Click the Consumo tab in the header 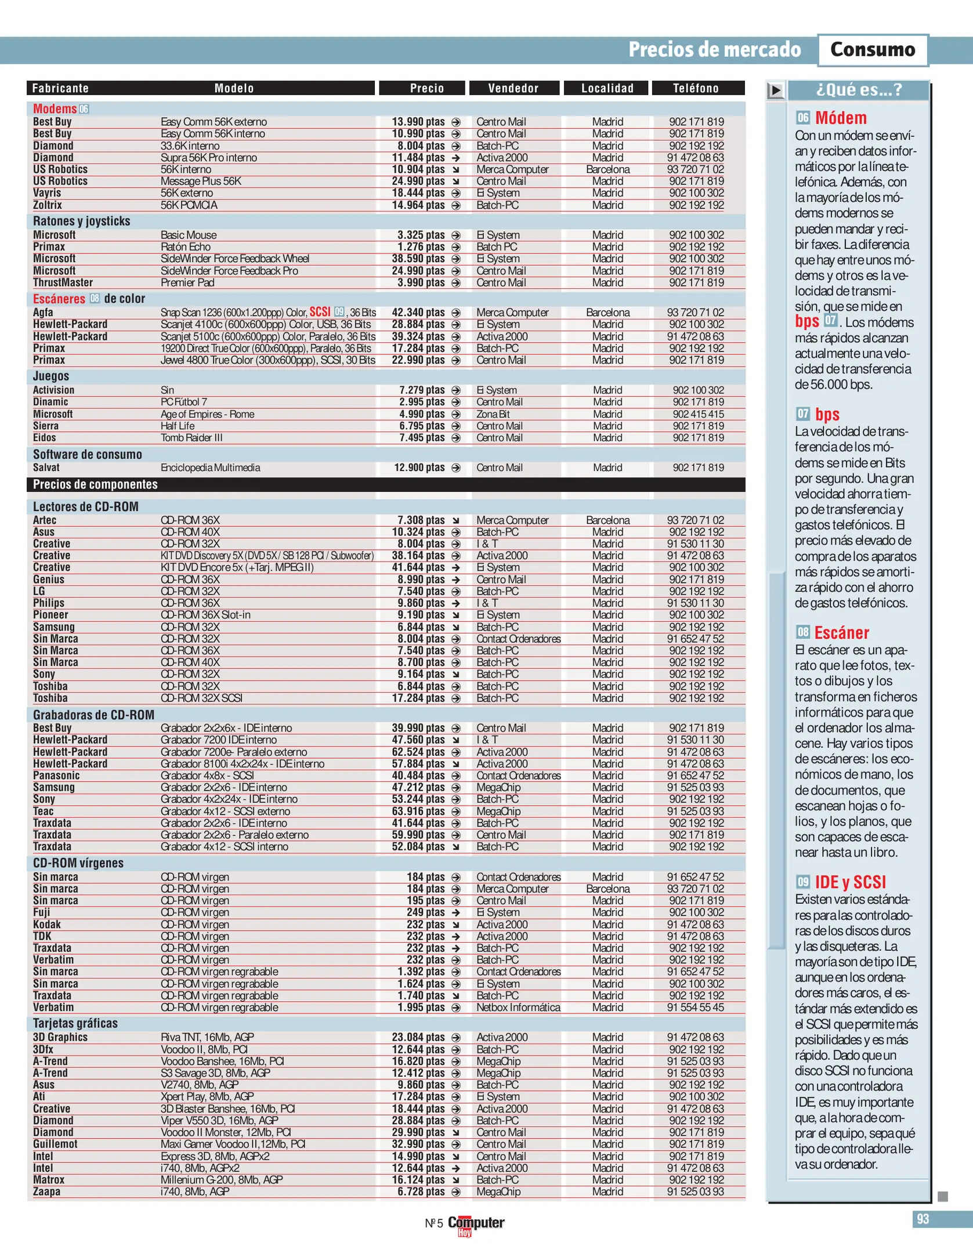872,50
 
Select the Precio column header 426,88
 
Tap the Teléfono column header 696,88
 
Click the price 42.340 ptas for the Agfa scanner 418,313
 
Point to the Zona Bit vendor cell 493,414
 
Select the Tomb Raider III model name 191,438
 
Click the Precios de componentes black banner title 95,484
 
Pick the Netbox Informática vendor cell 518,1008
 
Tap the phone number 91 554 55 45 695,1008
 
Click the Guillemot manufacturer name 55,1144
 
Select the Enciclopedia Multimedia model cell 210,468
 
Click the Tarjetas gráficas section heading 75,1023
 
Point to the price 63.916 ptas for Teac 418,812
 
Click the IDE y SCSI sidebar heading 850,882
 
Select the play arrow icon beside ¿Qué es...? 776,90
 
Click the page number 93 923,1219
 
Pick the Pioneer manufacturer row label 50,615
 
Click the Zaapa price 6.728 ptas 421,1192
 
